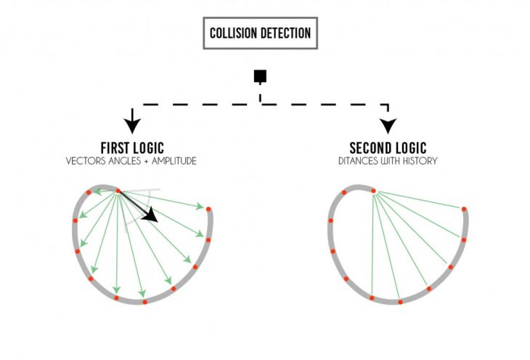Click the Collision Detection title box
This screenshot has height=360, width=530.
tap(261, 33)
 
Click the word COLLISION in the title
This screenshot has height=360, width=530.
tap(234, 33)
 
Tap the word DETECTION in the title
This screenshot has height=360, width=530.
tap(287, 33)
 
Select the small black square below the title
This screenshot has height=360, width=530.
tap(259, 75)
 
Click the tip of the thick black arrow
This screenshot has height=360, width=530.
tap(156, 221)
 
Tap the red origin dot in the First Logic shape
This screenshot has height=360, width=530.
tap(118, 191)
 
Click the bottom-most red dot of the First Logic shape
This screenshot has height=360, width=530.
tap(145, 301)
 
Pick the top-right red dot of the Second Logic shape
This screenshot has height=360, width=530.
tap(465, 209)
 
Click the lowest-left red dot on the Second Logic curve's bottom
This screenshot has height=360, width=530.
tap(372, 298)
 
